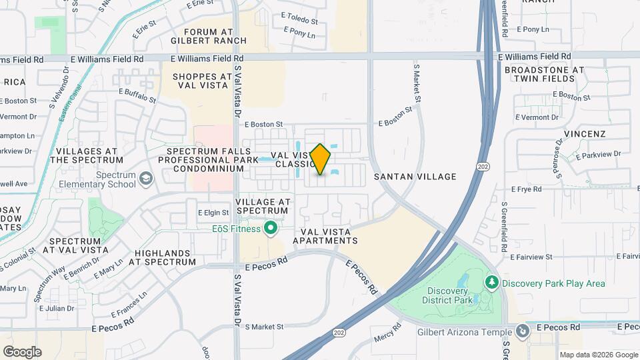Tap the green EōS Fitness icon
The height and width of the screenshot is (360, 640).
271,229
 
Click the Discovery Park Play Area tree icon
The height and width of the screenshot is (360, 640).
493,283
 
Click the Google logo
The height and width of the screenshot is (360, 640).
22,351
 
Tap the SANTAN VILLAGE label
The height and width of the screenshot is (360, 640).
415,177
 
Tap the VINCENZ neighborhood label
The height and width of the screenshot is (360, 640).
584,134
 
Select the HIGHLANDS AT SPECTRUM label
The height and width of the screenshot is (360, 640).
165,257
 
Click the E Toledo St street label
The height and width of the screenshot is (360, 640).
300,21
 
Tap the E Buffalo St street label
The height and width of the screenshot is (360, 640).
137,96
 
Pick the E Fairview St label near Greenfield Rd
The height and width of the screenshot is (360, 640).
531,257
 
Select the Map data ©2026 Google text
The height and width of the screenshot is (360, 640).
598,355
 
